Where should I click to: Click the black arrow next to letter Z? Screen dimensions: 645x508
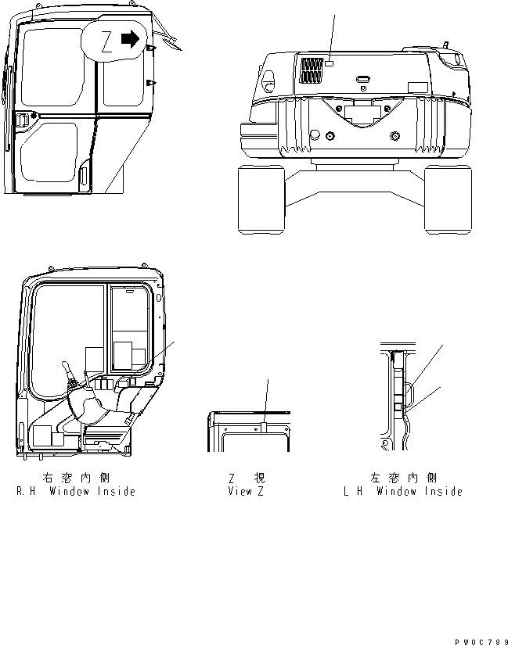pos(131,38)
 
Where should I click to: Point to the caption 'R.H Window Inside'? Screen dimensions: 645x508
pos(75,492)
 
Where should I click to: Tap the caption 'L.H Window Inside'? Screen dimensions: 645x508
pos(402,492)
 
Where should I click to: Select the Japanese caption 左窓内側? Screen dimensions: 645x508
pos(402,477)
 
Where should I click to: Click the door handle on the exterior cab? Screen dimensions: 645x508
pos(23,120)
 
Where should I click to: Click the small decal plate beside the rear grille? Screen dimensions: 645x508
pos(332,63)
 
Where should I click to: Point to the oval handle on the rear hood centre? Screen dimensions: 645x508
pos(362,79)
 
